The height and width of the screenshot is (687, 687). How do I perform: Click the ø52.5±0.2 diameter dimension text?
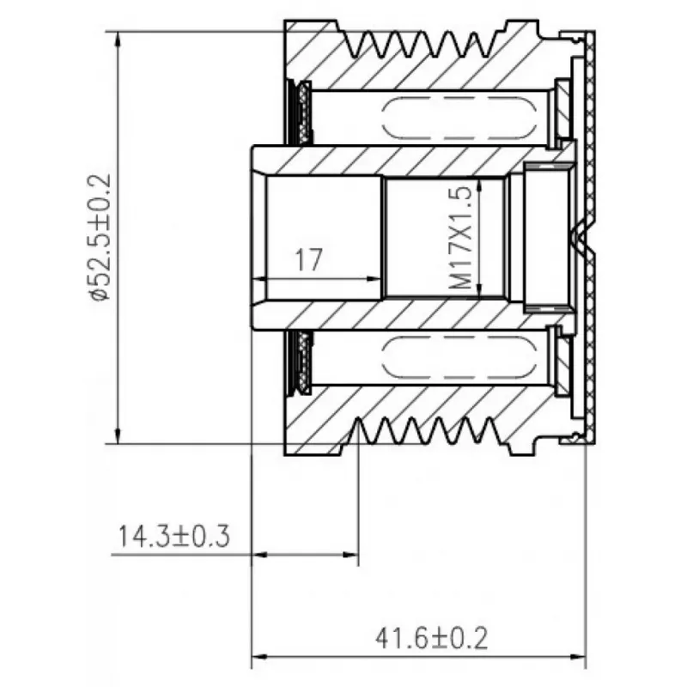[x=100, y=237]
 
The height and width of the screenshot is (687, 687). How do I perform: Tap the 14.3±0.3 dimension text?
[x=174, y=536]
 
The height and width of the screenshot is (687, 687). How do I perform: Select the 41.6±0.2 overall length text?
[x=431, y=638]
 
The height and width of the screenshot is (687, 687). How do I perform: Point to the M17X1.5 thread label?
[x=460, y=238]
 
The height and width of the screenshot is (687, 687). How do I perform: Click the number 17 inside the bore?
[x=309, y=260]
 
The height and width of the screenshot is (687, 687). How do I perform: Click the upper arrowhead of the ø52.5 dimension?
[x=118, y=39]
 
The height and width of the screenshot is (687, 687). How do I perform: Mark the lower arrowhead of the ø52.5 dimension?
[x=118, y=436]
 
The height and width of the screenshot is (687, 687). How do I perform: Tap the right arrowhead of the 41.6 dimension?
[x=578, y=657]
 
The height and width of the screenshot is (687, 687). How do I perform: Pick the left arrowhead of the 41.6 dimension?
[x=260, y=657]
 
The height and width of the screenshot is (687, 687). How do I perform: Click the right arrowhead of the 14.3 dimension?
[x=350, y=555]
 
